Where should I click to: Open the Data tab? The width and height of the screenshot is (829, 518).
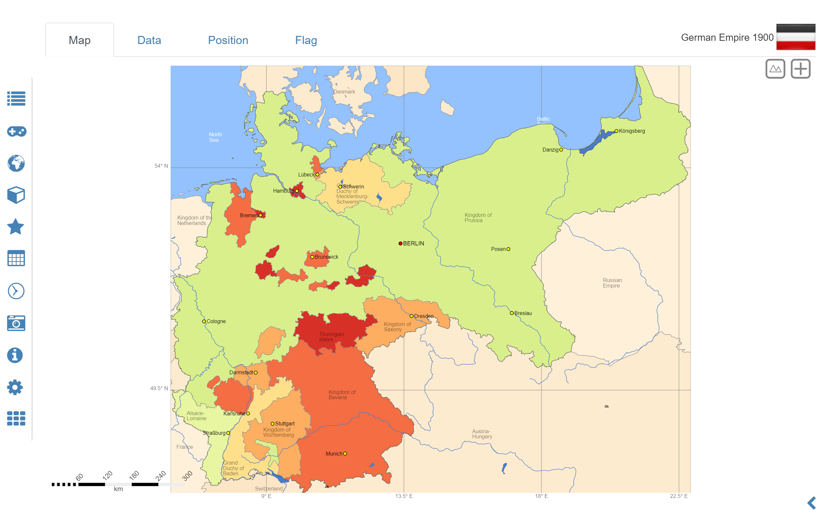pyautogui.click(x=149, y=40)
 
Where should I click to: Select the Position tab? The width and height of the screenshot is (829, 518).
pyautogui.click(x=228, y=40)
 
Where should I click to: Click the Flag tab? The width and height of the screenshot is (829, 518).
pyautogui.click(x=306, y=40)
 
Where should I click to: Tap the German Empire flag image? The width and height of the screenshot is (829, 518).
pyautogui.click(x=795, y=37)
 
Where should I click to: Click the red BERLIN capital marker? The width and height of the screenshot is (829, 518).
pyautogui.click(x=400, y=243)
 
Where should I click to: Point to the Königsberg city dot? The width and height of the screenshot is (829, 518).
pyautogui.click(x=616, y=131)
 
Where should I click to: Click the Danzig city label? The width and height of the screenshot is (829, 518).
pyautogui.click(x=550, y=150)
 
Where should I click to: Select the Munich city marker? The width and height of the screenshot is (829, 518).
pyautogui.click(x=345, y=454)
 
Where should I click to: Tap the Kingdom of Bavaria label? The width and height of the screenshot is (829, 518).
pyautogui.click(x=342, y=395)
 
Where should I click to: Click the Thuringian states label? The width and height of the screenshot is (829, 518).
pyautogui.click(x=331, y=337)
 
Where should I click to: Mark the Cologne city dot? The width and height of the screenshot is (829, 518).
pyautogui.click(x=204, y=321)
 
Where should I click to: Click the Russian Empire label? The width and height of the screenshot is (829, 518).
pyautogui.click(x=612, y=283)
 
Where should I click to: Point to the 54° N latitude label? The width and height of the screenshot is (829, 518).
pyautogui.click(x=161, y=166)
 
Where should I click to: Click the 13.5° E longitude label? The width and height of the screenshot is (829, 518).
pyautogui.click(x=403, y=496)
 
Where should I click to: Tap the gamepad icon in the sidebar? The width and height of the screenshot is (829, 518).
pyautogui.click(x=16, y=131)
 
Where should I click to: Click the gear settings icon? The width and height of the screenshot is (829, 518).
pyautogui.click(x=15, y=387)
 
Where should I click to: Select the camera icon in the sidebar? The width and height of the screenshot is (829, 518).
pyautogui.click(x=16, y=323)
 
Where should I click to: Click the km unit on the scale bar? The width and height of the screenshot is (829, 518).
pyautogui.click(x=118, y=489)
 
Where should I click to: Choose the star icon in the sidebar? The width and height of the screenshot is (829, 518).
pyautogui.click(x=16, y=227)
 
